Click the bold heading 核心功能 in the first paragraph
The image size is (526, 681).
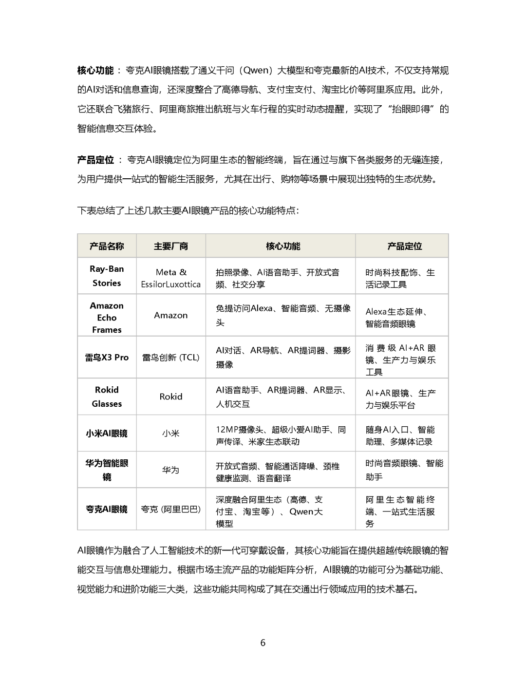coord(95,71)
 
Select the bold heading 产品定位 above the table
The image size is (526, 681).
coord(95,160)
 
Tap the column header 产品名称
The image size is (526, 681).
coord(107,246)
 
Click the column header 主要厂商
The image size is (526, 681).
coord(170,246)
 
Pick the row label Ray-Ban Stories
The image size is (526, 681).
coord(107,276)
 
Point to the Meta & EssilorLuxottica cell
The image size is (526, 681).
coord(170,278)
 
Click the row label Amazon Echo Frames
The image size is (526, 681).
coord(107,318)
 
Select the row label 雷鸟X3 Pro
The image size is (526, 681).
coord(107,358)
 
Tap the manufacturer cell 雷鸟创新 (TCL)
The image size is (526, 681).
coord(170,358)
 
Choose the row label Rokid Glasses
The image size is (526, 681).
coord(107,397)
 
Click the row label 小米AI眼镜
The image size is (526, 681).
coord(107,434)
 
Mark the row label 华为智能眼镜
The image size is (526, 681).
coord(107,470)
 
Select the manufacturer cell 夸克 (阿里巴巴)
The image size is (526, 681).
coord(170,509)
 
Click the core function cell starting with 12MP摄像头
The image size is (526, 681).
coord(281,435)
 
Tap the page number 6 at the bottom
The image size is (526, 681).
coord(263,643)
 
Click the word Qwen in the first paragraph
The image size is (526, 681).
coord(256,71)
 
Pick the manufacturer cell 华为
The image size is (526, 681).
coord(170,470)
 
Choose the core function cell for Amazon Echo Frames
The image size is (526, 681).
coord(282,315)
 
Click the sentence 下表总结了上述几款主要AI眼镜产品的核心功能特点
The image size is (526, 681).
coord(188,210)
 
